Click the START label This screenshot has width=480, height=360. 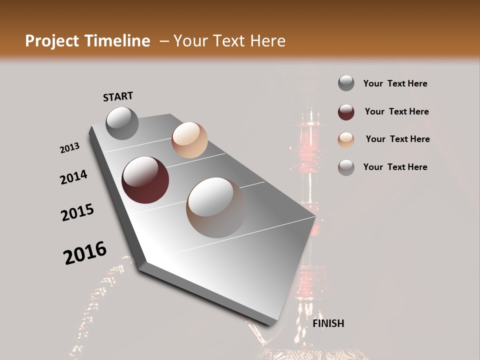point(118,96)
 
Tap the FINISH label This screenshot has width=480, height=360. point(328,323)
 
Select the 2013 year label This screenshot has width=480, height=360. point(69,148)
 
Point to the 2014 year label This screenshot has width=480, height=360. point(73,177)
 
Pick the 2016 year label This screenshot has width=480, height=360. point(85,253)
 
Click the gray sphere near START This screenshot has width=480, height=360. point(122,123)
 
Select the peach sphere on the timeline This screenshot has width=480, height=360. point(189,140)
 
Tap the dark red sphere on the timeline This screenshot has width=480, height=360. point(145,180)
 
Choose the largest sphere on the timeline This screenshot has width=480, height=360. point(216,207)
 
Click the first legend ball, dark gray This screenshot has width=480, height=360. point(346,83)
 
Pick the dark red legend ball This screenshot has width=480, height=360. point(346,112)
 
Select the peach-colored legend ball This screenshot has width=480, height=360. point(346,140)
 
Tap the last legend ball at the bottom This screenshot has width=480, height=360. point(346,167)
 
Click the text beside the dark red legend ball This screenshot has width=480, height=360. point(396,111)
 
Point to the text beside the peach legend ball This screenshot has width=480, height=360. point(397,139)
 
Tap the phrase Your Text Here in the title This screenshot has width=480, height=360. point(229,41)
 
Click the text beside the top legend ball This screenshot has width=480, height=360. point(395,83)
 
